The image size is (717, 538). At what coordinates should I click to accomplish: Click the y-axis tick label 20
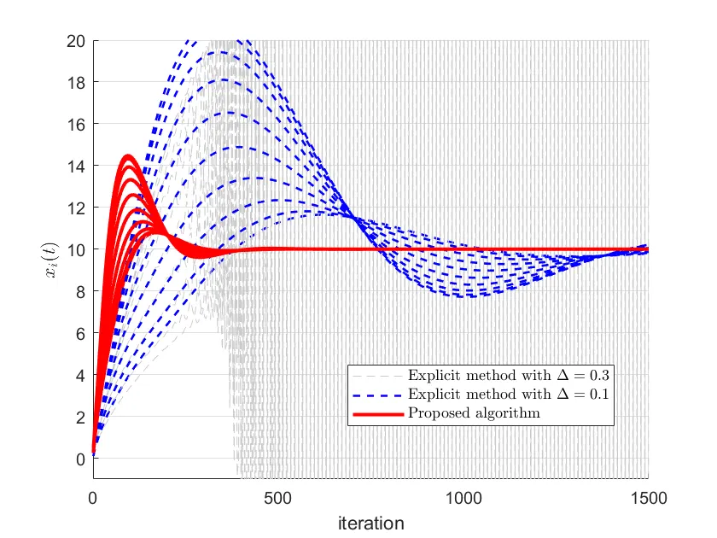pyautogui.click(x=77, y=40)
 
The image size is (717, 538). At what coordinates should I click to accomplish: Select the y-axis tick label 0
pyautogui.click(x=81, y=459)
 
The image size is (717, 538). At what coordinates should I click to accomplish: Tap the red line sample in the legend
pyautogui.click(x=376, y=413)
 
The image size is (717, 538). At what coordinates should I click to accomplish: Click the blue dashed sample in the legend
pyautogui.click(x=376, y=395)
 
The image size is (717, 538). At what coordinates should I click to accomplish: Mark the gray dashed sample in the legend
pyautogui.click(x=376, y=376)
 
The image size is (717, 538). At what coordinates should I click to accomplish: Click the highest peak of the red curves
pyautogui.click(x=128, y=156)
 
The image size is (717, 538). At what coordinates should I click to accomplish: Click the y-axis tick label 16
pyautogui.click(x=77, y=124)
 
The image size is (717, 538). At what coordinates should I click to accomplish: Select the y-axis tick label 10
pyautogui.click(x=77, y=249)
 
